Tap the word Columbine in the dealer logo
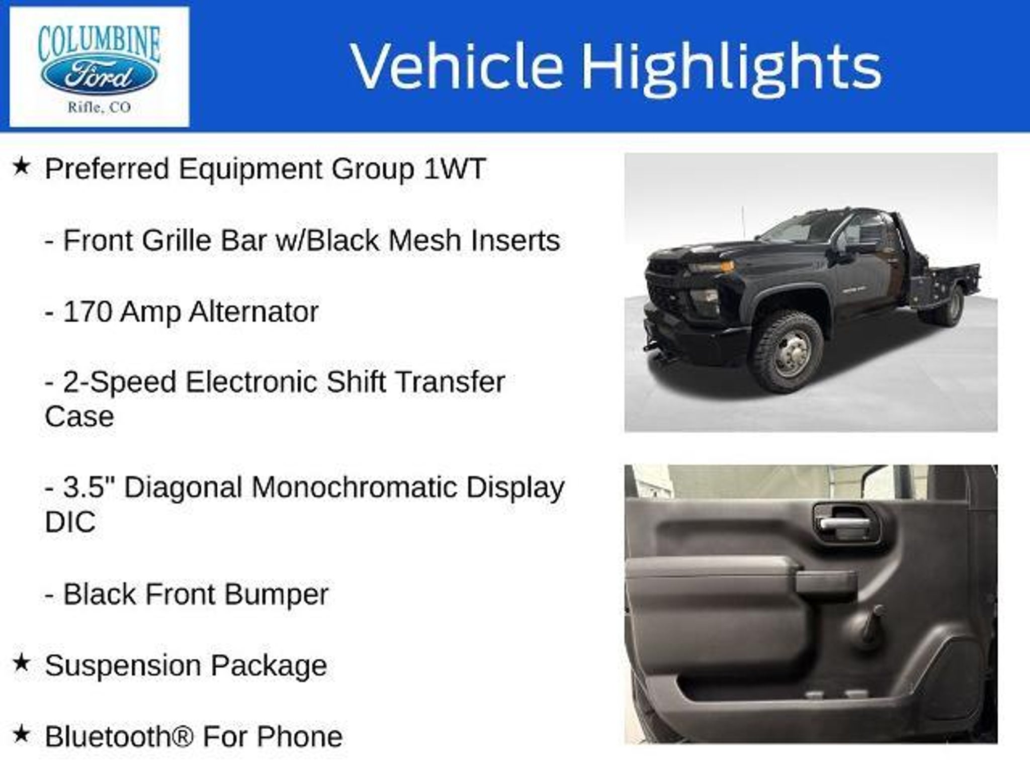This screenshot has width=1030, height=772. tap(99, 43)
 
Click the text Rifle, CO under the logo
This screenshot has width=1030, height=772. tap(99, 107)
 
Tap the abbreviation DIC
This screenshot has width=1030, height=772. tap(70, 522)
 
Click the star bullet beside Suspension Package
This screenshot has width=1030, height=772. tap(21, 663)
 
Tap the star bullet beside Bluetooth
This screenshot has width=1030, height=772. tap(21, 734)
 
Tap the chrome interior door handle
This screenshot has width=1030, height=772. tap(844, 523)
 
